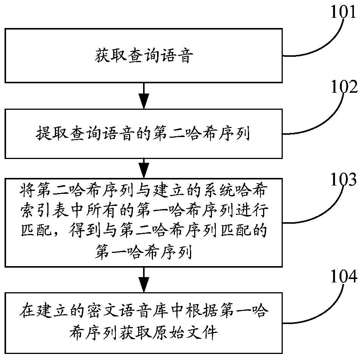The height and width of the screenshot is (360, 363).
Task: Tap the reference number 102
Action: [344, 88]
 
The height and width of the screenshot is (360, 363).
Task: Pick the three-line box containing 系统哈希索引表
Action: [143, 221]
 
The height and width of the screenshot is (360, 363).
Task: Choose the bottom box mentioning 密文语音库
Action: [143, 321]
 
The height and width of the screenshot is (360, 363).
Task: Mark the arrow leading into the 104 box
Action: [143, 278]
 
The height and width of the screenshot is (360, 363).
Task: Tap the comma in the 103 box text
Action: [60, 232]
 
